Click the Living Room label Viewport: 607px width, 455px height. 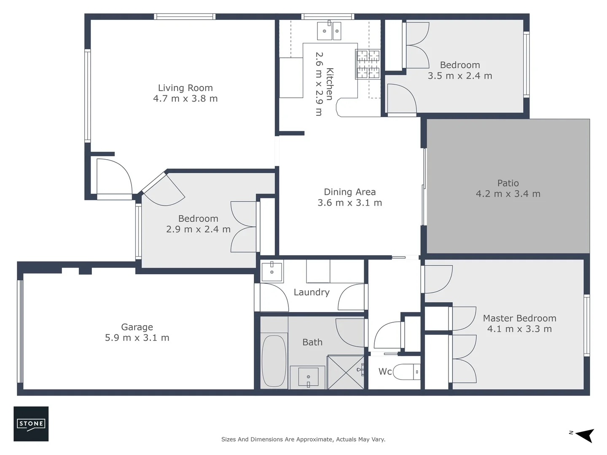[x=185, y=88]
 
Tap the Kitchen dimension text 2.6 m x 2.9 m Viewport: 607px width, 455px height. [x=319, y=84]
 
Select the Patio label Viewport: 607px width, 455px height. [x=508, y=183]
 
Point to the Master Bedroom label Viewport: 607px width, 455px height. [x=519, y=318]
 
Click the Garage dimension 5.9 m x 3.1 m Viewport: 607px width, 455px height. [x=137, y=338]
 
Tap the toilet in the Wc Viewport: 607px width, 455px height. [x=406, y=372]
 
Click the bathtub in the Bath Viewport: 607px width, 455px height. [x=274, y=361]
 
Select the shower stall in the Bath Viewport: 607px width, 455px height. [x=345, y=372]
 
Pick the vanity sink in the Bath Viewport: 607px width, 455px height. [x=308, y=377]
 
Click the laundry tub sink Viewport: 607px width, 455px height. [x=272, y=272]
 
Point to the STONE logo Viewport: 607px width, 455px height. [x=31, y=424]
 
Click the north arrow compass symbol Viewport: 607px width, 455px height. [x=584, y=435]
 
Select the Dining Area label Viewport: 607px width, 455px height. [x=349, y=192]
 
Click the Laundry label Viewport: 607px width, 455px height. [x=312, y=292]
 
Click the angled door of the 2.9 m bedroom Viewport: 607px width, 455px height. [x=164, y=190]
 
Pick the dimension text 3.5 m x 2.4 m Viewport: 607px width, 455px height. [x=460, y=76]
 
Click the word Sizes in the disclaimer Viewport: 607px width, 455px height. [x=228, y=439]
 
